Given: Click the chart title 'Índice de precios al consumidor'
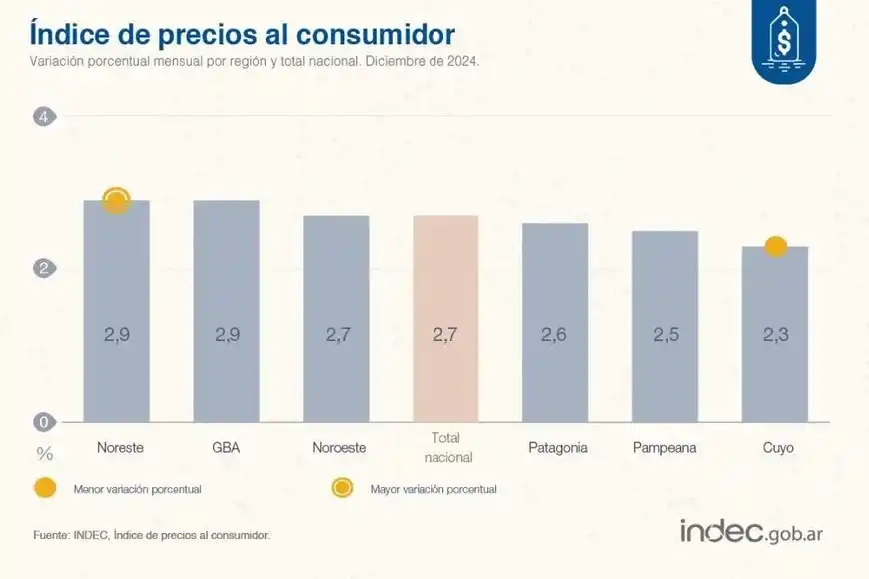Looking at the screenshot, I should pos(243,34).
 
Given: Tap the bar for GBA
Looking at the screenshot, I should pos(226,310).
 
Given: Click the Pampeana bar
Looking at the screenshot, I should pos(665,325).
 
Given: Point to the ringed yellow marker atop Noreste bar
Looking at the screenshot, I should pos(117,201).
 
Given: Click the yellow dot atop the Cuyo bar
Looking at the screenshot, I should pos(775,246).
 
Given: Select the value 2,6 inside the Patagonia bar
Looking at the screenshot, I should pos(555,335).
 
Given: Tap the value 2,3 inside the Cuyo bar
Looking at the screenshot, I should pos(775,335).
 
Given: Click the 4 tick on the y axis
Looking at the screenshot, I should pos(43,117).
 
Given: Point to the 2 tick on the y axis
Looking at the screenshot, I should pos(43,268).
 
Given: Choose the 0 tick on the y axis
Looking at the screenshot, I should pos(43,421).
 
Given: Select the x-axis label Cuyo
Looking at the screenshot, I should pos(777,448).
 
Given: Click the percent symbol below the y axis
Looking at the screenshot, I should pos(44,454).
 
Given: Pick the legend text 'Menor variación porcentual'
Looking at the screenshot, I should pos(137,489).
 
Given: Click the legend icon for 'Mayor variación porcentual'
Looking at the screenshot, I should pos(343,488).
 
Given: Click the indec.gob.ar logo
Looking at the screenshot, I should pos(751,532).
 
